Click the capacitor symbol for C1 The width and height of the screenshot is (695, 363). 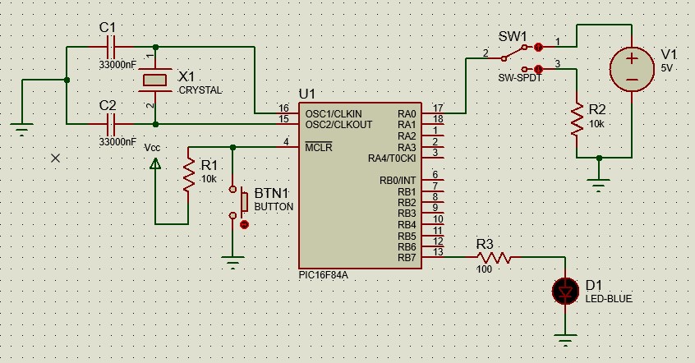coord(111,47)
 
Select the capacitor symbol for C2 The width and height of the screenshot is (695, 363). coord(111,124)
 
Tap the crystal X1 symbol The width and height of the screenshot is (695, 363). coord(155,80)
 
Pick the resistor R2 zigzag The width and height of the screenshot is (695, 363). coord(577,119)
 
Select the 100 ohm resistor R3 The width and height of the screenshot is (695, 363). coord(495,257)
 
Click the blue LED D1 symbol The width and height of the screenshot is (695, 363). coord(565,292)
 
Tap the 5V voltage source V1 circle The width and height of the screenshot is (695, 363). coord(632,69)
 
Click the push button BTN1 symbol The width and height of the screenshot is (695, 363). coord(238,202)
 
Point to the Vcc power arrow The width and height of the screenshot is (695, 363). coord(155,164)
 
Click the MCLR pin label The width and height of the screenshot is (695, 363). coord(318,147)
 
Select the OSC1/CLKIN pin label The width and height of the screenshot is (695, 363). coord(334,114)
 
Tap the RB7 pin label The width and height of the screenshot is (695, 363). coord(407,258)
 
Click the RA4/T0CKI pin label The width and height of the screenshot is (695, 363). coord(392,159)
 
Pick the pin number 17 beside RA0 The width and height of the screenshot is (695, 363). coord(438,108)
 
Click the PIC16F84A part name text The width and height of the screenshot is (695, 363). coord(323,275)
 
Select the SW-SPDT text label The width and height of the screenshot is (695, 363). coord(520,77)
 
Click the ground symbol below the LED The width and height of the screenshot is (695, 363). coord(565,339)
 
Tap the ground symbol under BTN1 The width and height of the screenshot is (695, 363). coord(232,262)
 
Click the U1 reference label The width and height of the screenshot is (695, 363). coord(306,94)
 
